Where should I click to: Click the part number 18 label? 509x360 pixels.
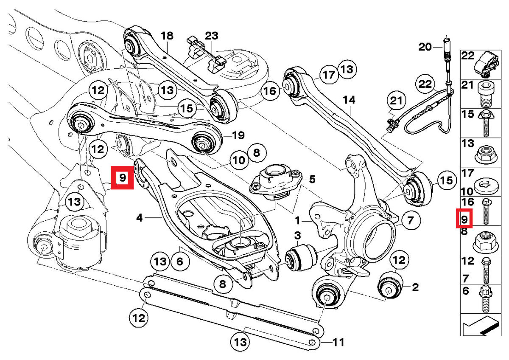tap(167, 36)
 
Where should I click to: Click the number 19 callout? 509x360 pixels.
tap(239, 136)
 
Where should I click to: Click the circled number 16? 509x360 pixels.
tap(270, 90)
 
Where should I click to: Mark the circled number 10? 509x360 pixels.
tap(239, 160)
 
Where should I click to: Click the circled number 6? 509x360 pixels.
tap(180, 262)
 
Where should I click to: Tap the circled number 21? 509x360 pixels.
tap(395, 101)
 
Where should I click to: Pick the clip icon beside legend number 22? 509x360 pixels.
tap(487, 62)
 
